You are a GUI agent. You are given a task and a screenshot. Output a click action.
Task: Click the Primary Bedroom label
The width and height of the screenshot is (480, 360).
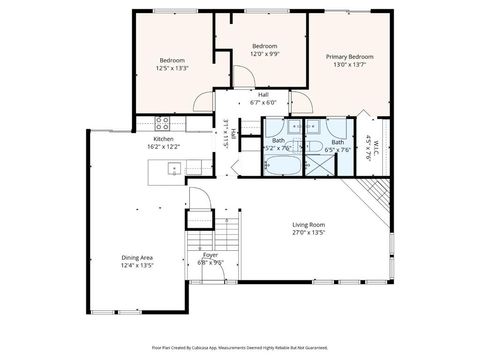[x=350, y=58]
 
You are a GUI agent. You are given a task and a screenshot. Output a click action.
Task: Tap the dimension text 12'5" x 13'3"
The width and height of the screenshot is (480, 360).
[x=172, y=69]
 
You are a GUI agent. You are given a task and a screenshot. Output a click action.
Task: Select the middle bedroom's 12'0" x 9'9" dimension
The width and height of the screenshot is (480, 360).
[x=264, y=55]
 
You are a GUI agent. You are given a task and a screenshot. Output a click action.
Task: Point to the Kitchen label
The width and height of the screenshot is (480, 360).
[x=164, y=139]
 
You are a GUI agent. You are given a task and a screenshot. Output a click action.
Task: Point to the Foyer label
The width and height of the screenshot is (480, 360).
[x=211, y=255]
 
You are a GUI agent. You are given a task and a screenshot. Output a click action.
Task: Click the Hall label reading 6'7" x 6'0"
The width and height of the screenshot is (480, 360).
[x=263, y=95]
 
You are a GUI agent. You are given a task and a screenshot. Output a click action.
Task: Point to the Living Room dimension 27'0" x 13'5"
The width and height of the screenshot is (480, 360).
[x=311, y=233]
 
